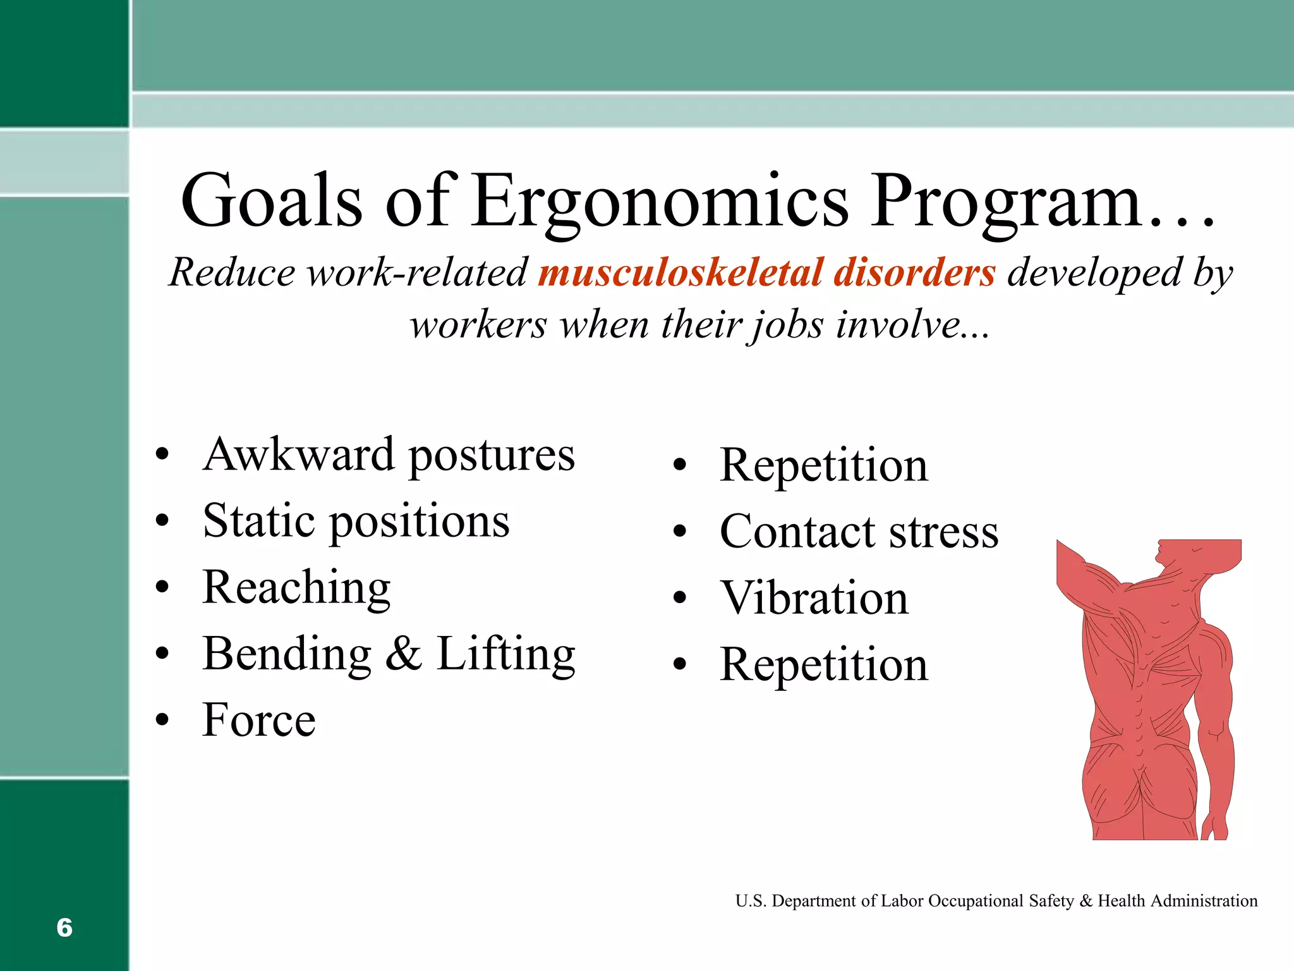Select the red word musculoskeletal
point(679,273)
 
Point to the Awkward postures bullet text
point(389,455)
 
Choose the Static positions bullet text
point(356,522)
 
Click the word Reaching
point(296,588)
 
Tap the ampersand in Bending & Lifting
point(403,654)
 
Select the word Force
point(259,721)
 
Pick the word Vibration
point(814,599)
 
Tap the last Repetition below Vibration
point(824,665)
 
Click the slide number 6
point(64,927)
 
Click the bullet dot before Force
point(162,719)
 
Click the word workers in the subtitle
point(478,326)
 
